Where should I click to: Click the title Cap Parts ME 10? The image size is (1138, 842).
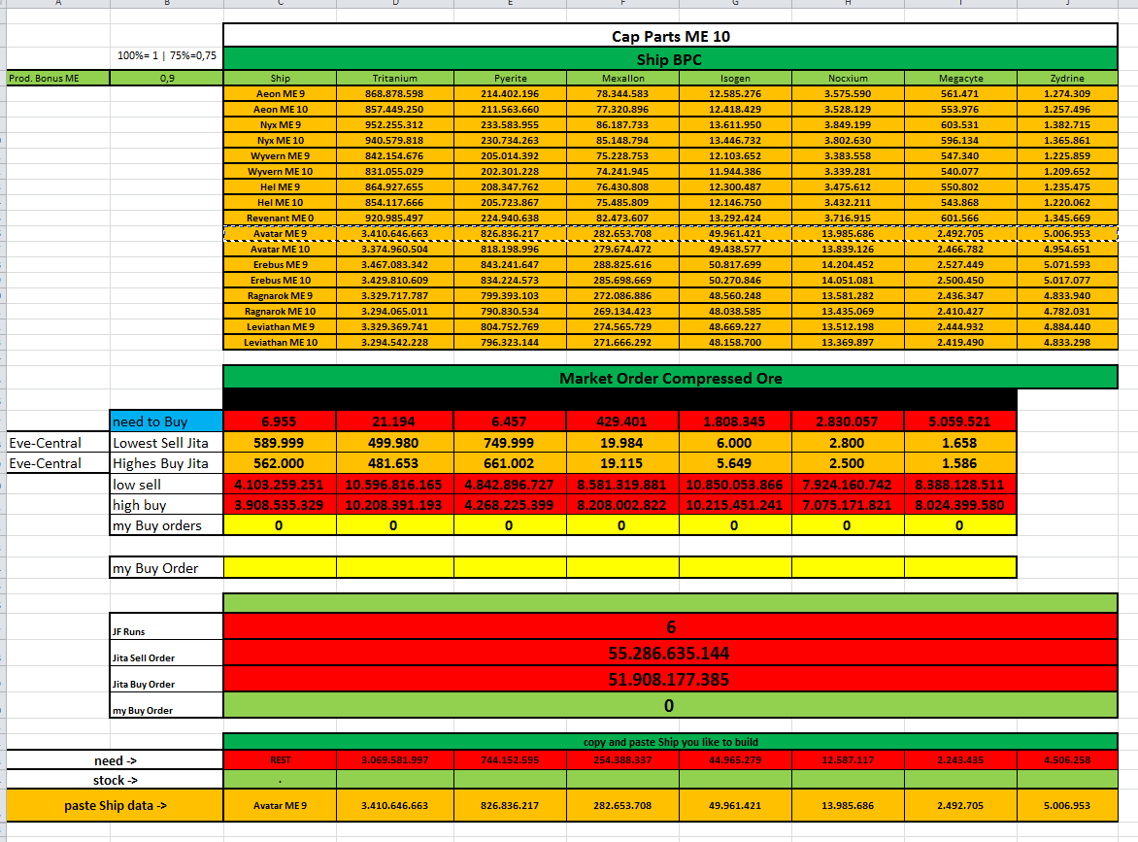click(x=670, y=37)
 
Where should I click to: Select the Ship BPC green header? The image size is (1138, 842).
click(x=670, y=59)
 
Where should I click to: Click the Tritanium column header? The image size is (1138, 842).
click(x=394, y=78)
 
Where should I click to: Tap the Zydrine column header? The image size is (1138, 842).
click(x=1067, y=78)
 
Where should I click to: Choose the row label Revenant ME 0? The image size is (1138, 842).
click(x=281, y=218)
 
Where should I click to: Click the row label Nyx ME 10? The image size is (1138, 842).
click(x=281, y=140)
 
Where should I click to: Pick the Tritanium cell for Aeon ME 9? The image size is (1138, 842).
click(x=394, y=93)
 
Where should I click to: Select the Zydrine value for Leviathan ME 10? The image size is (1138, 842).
click(x=1067, y=342)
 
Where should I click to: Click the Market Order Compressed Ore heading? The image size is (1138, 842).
click(x=670, y=378)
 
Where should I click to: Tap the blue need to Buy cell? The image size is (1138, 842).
click(x=165, y=421)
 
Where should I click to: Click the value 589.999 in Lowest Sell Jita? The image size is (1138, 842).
click(x=280, y=443)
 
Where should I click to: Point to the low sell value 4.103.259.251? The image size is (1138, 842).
click(x=280, y=484)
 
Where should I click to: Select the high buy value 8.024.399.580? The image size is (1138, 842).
click(x=959, y=505)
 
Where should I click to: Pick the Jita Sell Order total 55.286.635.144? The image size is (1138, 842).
click(x=670, y=653)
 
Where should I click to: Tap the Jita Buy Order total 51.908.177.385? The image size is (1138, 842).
click(x=670, y=679)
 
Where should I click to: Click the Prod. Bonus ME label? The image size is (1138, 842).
click(x=44, y=78)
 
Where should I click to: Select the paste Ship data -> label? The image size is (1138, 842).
click(x=115, y=805)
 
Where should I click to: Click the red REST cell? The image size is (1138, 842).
click(x=281, y=759)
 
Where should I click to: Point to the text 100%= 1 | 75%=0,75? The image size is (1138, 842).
click(x=167, y=55)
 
